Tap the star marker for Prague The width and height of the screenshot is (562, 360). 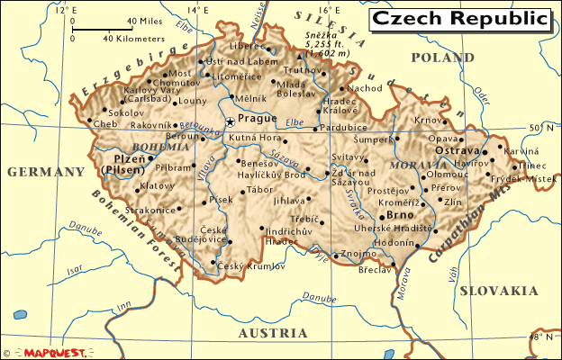(x=231, y=122)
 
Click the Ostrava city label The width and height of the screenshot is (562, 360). (x=457, y=151)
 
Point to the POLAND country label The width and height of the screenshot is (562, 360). (x=441, y=58)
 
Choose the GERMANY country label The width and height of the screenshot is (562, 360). (x=44, y=172)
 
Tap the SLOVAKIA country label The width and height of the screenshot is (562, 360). (x=498, y=291)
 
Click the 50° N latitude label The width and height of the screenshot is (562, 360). (x=540, y=127)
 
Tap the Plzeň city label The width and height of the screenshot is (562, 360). (x=129, y=157)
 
